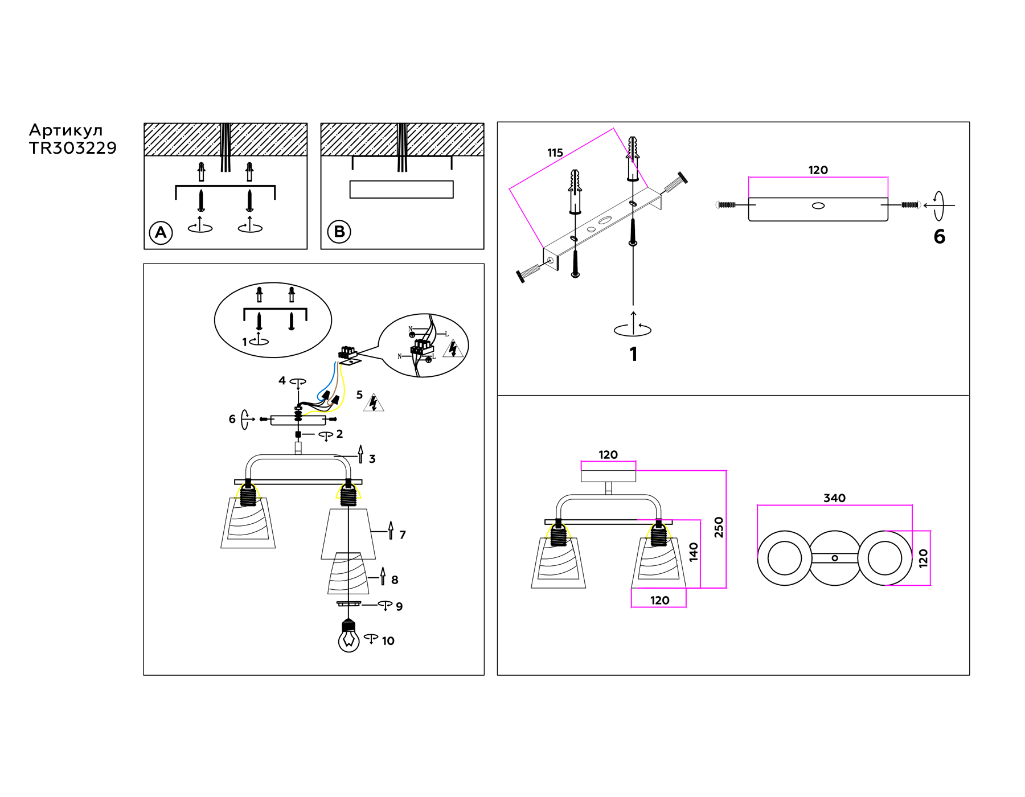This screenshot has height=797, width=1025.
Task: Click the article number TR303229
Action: [x=73, y=148]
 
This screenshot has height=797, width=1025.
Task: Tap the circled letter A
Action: [x=161, y=232]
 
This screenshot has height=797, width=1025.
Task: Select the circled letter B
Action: [x=339, y=232]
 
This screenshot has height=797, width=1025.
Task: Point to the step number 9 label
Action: [x=399, y=607]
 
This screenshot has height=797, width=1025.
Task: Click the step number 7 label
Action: [x=403, y=535]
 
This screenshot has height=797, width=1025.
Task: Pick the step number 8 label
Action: [x=395, y=580]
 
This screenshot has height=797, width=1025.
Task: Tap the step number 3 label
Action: [x=372, y=459]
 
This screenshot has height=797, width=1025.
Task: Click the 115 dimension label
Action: [x=555, y=153]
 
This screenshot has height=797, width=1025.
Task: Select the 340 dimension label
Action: [x=834, y=498]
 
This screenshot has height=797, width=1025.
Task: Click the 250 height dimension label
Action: [x=719, y=527]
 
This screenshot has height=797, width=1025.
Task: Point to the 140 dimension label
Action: [x=694, y=552]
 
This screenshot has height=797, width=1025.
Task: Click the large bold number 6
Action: [x=940, y=237]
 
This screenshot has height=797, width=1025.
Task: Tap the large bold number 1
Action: [x=634, y=354]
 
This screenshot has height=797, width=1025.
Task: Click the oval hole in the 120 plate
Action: [x=818, y=206]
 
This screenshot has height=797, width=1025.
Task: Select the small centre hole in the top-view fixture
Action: [x=835, y=558]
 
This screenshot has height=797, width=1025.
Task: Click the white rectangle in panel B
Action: [x=401, y=189]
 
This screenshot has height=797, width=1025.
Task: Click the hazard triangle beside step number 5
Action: [x=374, y=403]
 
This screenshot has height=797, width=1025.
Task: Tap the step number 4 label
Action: [x=282, y=380]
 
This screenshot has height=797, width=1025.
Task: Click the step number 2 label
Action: [x=339, y=434]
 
